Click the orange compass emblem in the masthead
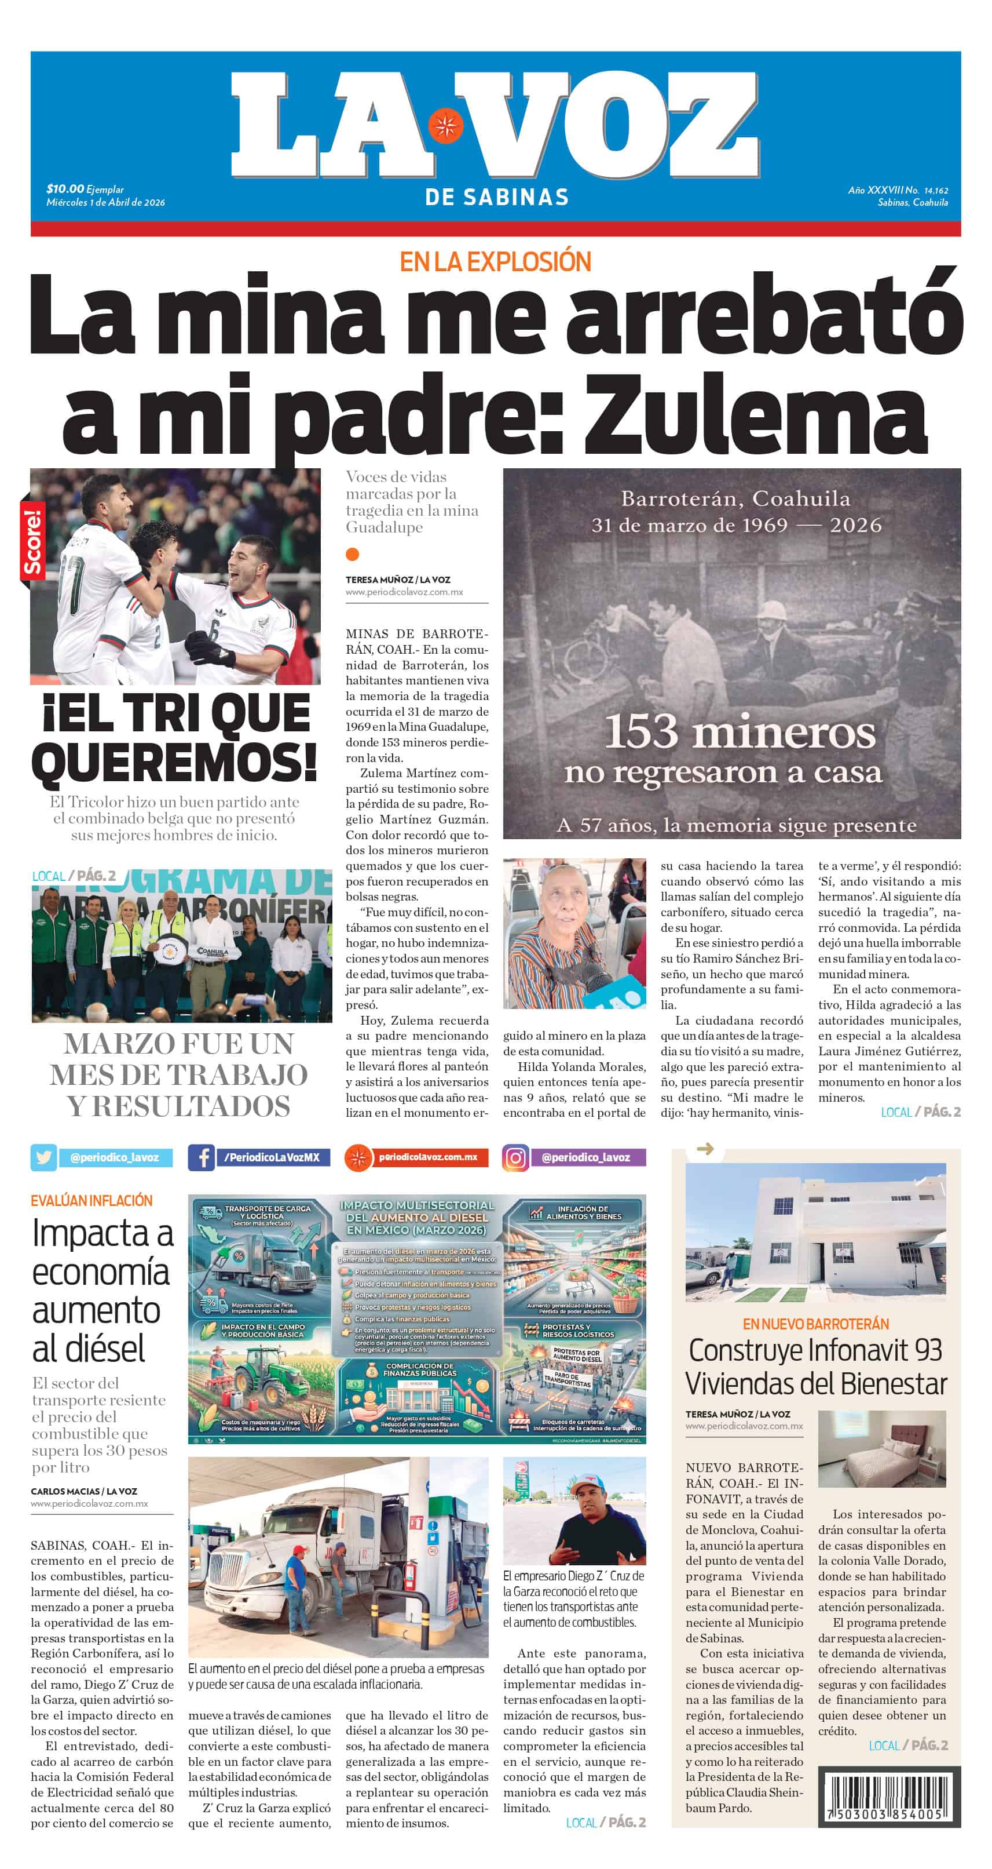point(445,126)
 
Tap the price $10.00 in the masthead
point(64,190)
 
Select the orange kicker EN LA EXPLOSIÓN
point(495,262)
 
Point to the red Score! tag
point(32,541)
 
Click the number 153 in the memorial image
point(641,732)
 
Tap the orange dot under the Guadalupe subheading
point(353,554)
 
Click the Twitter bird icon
point(43,1157)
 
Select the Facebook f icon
point(201,1157)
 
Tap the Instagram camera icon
point(515,1157)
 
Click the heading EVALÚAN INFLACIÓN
point(91,1201)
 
